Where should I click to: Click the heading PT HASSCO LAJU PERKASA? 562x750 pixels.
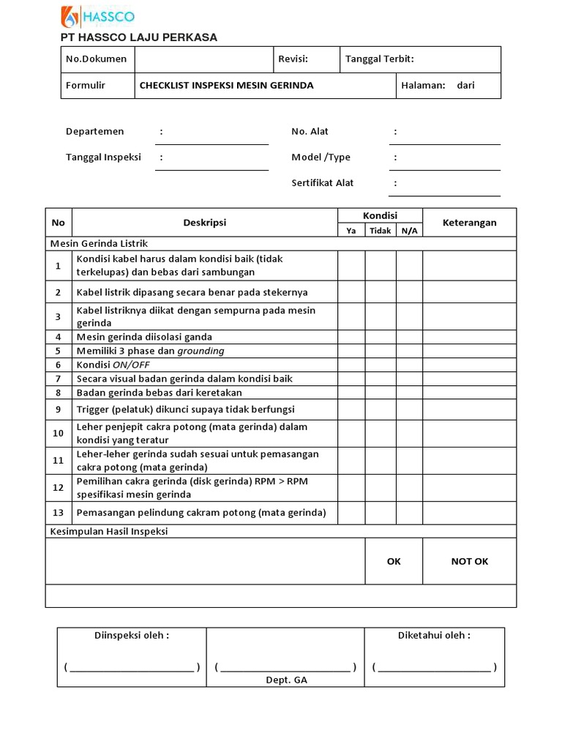(x=138, y=37)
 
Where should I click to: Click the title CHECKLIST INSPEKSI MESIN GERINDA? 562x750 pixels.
(x=226, y=85)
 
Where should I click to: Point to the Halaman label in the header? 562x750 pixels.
(x=423, y=85)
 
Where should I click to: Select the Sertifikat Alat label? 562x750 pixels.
(x=323, y=182)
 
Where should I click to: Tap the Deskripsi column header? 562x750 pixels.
(x=204, y=223)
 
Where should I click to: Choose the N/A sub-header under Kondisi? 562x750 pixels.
(x=409, y=231)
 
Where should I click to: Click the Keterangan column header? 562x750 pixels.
(x=469, y=223)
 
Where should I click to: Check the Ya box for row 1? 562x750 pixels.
(x=351, y=265)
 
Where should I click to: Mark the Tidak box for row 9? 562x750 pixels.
(x=381, y=409)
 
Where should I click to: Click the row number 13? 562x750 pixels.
(x=59, y=512)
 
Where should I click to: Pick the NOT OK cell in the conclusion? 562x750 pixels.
(x=469, y=561)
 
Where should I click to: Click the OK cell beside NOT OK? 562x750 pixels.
(x=394, y=561)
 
